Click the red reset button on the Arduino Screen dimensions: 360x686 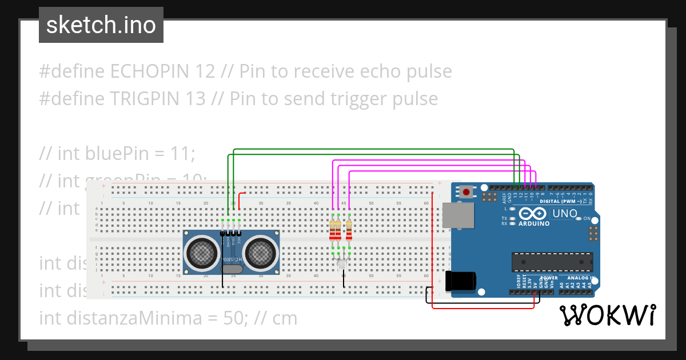[466, 192]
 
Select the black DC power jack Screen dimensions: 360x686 [461, 281]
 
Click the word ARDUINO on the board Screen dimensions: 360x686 [533, 223]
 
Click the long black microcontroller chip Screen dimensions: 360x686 [552, 261]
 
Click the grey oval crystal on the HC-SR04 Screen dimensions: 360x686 [232, 269]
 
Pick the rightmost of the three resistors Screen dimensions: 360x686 [349, 230]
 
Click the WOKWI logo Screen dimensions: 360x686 [607, 315]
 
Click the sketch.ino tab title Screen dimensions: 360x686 [101, 25]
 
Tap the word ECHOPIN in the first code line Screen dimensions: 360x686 [151, 71]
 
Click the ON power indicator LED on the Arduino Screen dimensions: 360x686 [579, 218]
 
